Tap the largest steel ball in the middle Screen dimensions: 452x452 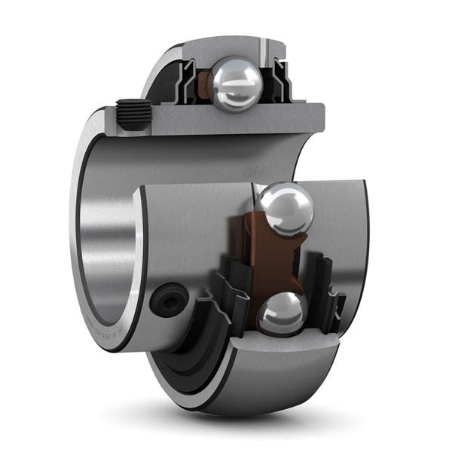286,209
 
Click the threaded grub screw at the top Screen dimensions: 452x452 133,116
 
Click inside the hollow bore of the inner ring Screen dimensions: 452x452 109,234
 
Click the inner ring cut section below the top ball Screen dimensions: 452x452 226,121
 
